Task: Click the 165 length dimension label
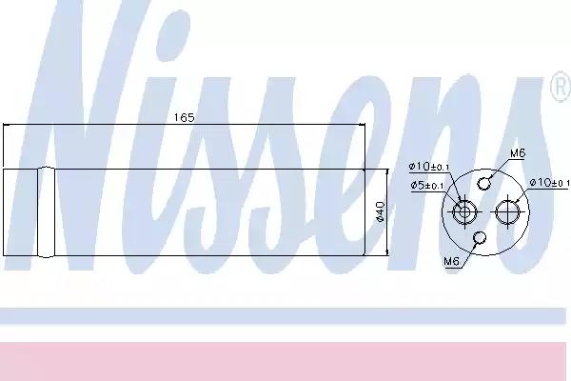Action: tap(185, 117)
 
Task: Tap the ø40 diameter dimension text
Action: tap(380, 211)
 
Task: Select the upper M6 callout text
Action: tap(518, 153)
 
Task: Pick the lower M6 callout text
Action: tap(451, 261)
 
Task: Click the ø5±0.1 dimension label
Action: tap(427, 185)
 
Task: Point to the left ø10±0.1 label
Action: tap(429, 167)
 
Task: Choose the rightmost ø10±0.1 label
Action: tap(549, 182)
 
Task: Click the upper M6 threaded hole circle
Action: tap(483, 184)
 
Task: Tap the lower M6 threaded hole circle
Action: tap(480, 237)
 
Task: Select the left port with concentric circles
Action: tap(464, 211)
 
